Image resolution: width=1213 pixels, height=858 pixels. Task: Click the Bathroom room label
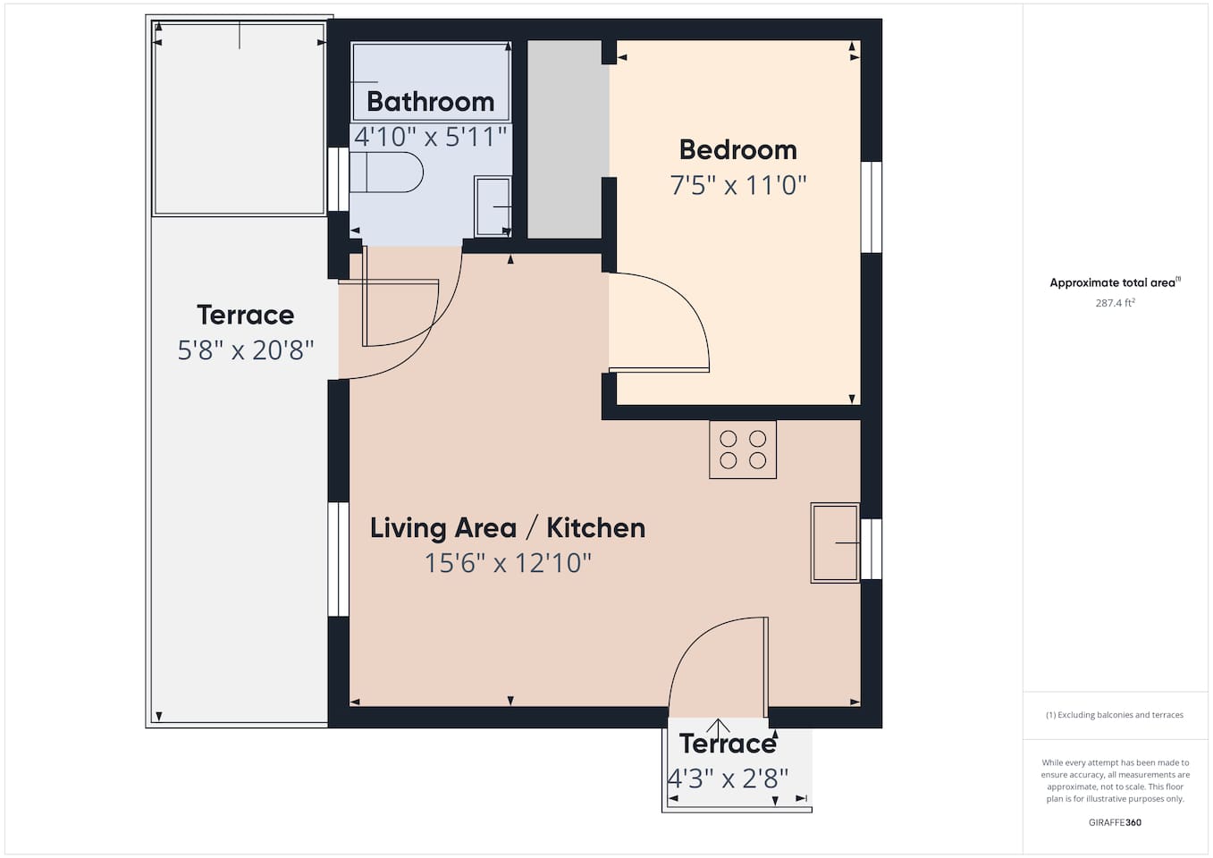pos(431,102)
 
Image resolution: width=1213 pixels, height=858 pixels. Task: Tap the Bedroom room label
pos(738,150)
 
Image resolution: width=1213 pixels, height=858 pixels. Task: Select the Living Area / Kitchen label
pos(508,528)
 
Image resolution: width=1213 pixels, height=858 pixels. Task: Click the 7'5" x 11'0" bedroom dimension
pos(738,185)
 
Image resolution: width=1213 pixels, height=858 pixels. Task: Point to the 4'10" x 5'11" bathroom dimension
pos(431,137)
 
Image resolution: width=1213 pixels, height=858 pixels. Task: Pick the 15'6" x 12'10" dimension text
pos(508,563)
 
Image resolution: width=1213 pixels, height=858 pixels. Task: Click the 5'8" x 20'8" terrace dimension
pos(246,350)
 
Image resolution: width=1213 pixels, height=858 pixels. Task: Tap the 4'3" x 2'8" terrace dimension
pos(728,779)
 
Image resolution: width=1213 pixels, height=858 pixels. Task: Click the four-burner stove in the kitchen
pos(743,450)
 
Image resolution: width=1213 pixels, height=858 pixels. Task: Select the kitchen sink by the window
pos(835,543)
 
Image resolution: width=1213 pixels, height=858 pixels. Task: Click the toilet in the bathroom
pos(386,172)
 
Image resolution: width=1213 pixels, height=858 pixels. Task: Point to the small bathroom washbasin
pos(493,206)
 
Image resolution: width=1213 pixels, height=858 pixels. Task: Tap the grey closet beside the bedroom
pos(565,139)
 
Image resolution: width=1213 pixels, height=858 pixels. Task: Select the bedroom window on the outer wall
pos(872,207)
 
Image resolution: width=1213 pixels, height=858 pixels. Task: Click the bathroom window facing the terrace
pos(339,179)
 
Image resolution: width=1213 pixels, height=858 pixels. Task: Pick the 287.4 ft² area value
pos(1115,303)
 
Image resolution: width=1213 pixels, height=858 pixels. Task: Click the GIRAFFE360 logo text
pos(1115,823)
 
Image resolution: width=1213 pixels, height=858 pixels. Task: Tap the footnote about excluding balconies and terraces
pos(1115,715)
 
